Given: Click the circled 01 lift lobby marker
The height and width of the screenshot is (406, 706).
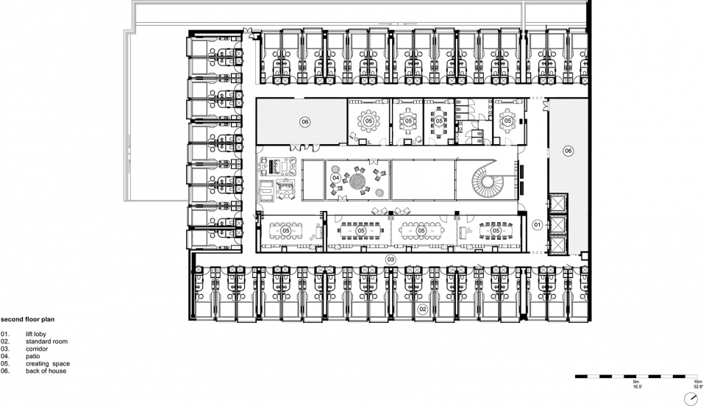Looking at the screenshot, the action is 537,224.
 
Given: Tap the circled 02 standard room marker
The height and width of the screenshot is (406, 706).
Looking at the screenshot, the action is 422,309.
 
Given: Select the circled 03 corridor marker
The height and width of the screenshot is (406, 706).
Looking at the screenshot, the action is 391,260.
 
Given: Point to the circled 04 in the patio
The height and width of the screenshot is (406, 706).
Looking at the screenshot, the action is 335,178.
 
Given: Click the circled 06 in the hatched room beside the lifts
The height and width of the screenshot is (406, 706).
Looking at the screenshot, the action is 568,151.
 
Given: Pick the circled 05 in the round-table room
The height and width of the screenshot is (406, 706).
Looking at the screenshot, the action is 368,121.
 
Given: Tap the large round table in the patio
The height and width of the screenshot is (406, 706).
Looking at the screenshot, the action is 358,182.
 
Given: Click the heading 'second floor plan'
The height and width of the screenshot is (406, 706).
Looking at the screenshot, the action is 27,320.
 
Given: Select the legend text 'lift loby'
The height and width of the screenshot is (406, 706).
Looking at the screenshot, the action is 36,335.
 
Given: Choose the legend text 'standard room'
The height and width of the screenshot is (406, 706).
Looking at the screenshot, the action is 47,341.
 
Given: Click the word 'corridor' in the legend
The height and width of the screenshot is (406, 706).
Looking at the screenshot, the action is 37,349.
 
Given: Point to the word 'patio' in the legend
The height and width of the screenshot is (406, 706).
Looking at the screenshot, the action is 33,357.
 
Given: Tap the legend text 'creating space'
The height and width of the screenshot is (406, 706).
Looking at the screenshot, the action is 48,363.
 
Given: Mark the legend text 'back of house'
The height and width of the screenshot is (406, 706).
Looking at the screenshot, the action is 46,371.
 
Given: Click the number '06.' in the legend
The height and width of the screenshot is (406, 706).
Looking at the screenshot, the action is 5,371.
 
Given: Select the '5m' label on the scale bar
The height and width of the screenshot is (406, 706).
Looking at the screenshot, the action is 636,382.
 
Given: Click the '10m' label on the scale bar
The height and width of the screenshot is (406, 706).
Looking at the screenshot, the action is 698,382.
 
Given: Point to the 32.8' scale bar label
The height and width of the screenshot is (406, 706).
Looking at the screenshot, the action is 698,386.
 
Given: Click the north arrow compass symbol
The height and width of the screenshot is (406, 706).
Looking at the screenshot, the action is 691,399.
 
